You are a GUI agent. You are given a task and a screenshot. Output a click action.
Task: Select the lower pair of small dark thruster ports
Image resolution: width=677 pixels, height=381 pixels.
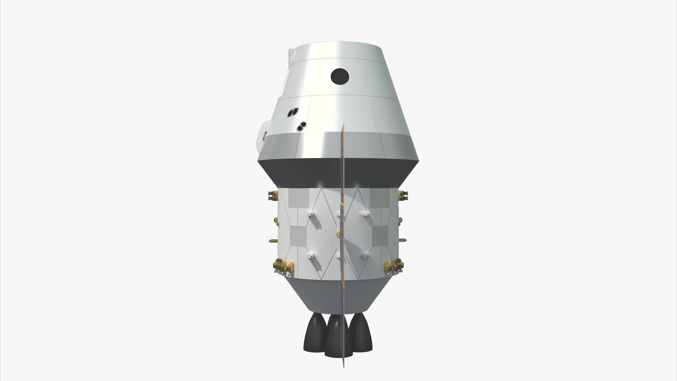(x=301, y=127)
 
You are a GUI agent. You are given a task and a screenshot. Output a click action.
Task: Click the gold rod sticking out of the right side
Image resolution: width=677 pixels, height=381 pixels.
(x=402, y=240)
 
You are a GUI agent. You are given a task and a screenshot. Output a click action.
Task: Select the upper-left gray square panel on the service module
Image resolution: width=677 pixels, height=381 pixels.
(x=297, y=199)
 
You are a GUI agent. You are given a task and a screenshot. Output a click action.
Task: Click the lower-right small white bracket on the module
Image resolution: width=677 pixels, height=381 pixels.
(x=365, y=255)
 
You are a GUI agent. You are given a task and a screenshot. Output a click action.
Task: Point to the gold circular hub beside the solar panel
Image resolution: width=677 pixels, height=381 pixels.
(x=338, y=234)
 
